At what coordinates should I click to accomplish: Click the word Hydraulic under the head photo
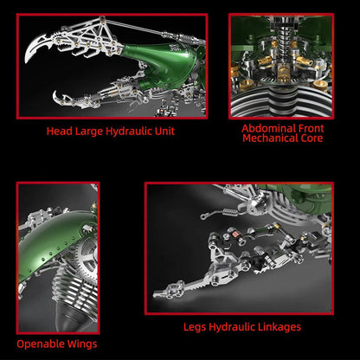point(122,132)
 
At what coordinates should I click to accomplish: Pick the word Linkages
point(277,327)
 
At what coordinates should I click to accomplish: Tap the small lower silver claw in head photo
point(61,97)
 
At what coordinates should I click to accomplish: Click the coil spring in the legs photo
point(223,208)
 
